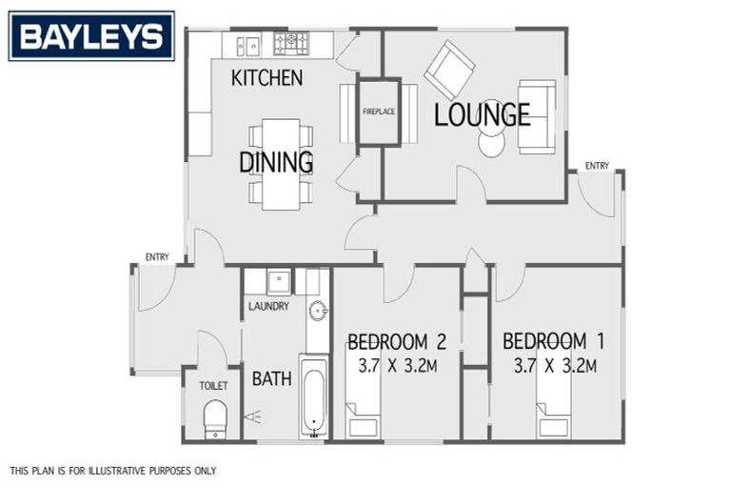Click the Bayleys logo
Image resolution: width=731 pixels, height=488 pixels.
click(x=91, y=36)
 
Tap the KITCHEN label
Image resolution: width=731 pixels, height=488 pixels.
click(x=267, y=78)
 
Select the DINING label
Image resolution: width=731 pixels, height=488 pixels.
click(x=276, y=163)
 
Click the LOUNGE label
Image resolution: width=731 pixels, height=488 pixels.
click(x=482, y=115)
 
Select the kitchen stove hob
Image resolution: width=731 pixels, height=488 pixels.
click(x=291, y=43)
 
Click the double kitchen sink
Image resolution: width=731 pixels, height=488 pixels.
click(x=248, y=45)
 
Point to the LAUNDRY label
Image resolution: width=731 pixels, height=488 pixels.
click(x=268, y=307)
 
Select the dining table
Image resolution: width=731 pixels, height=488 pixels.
click(x=280, y=163)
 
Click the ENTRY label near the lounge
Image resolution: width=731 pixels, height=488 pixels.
click(x=597, y=166)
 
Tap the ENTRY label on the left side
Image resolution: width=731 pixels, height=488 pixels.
click(x=156, y=256)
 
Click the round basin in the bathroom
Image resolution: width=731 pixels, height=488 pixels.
click(x=318, y=310)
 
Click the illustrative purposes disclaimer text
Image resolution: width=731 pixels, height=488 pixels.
click(x=113, y=471)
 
